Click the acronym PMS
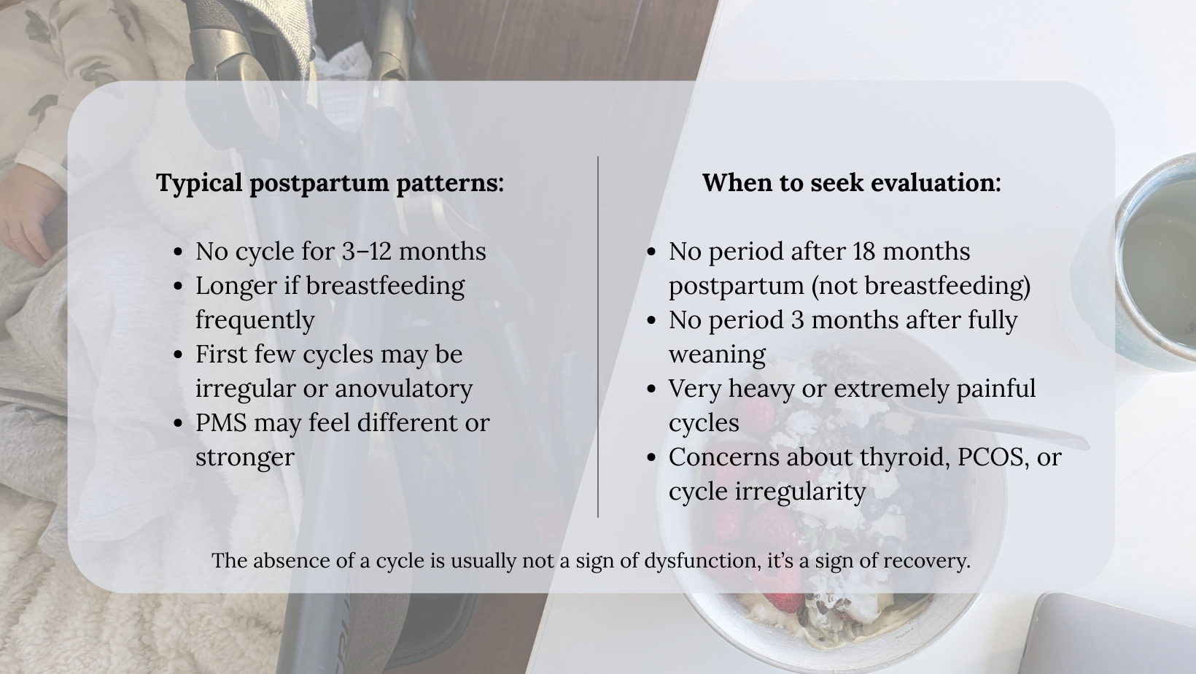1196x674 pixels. (221, 423)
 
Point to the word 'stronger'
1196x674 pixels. (245, 457)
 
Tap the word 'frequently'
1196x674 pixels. (255, 320)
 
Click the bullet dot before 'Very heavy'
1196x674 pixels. (651, 390)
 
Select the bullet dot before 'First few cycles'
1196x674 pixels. (179, 355)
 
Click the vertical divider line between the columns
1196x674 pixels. (598, 336)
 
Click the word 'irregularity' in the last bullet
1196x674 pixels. (800, 492)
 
